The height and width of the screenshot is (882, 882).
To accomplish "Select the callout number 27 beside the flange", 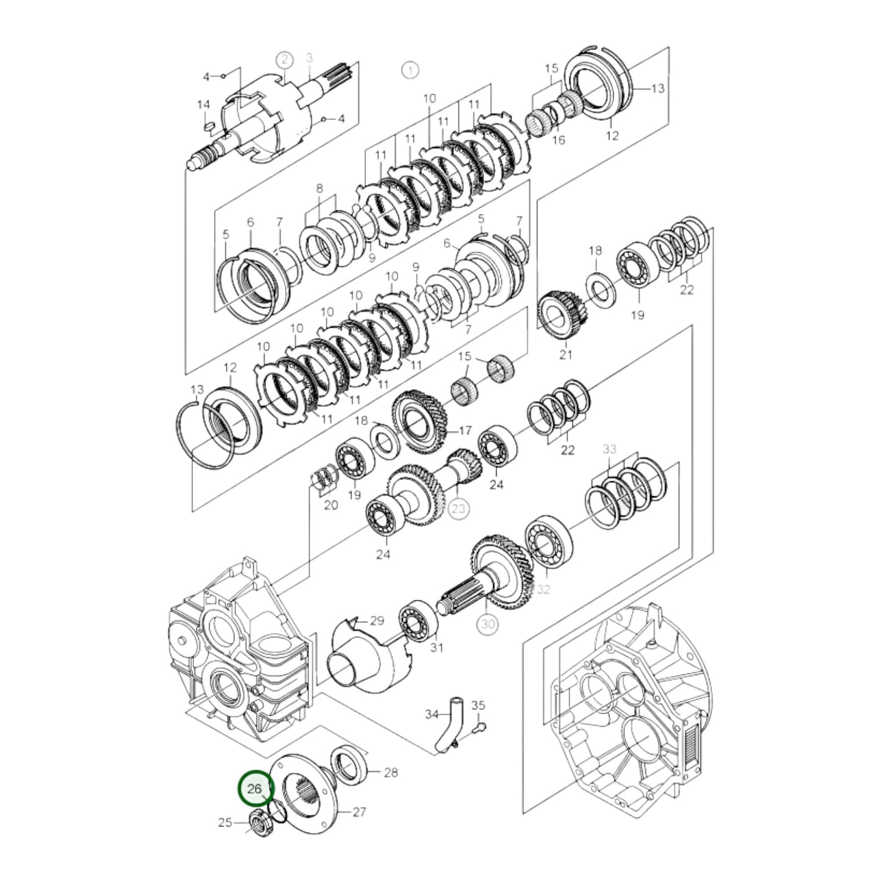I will tap(359, 812).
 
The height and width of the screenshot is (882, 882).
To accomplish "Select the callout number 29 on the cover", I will tap(377, 621).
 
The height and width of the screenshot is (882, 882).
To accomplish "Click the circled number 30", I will tap(486, 624).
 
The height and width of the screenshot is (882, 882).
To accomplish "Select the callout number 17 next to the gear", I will tap(465, 431).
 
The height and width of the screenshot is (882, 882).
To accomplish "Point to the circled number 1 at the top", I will tap(410, 70).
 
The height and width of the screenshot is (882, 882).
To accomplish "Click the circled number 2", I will tap(284, 60).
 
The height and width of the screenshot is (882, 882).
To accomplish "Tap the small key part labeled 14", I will tap(208, 125).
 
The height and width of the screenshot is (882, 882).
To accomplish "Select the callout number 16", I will tap(558, 140).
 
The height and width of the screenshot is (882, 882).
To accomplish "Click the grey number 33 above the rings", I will tap(609, 449).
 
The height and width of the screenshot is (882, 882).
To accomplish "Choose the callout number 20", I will tap(330, 505).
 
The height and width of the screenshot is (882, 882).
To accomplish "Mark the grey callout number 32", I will tap(543, 589).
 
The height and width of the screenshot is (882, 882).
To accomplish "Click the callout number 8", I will tap(319, 189).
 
